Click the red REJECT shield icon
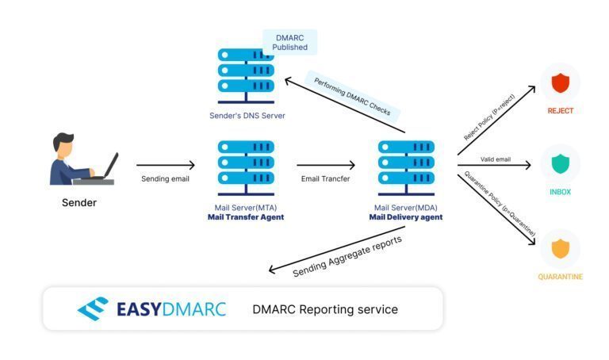[x=560, y=82]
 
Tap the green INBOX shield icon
[x=560, y=164]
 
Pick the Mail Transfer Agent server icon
[x=245, y=167]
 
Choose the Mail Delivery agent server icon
[x=406, y=167]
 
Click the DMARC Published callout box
[x=289, y=42]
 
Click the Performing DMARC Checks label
[x=351, y=97]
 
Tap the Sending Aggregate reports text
[x=347, y=255]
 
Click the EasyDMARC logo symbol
[x=94, y=308]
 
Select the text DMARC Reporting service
[x=325, y=309]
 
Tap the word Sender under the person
[x=79, y=203]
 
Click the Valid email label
[x=496, y=159]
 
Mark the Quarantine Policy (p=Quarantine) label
[x=500, y=203]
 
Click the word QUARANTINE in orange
[x=560, y=277]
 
